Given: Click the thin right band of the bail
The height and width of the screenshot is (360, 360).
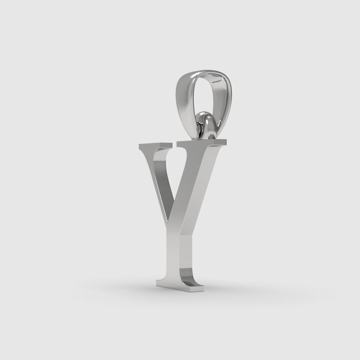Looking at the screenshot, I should point(227,99).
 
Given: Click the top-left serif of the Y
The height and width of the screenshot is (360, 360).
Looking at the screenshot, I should point(154,146).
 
